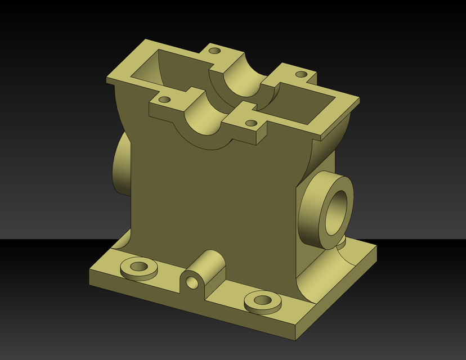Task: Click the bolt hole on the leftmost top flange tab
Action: coord(164,100)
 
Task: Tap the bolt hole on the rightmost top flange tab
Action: coord(302,74)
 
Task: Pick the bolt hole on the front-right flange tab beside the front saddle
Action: coord(252,123)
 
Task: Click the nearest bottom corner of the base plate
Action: coord(294,339)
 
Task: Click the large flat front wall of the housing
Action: coord(214,202)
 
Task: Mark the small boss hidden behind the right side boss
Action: coord(342,242)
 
